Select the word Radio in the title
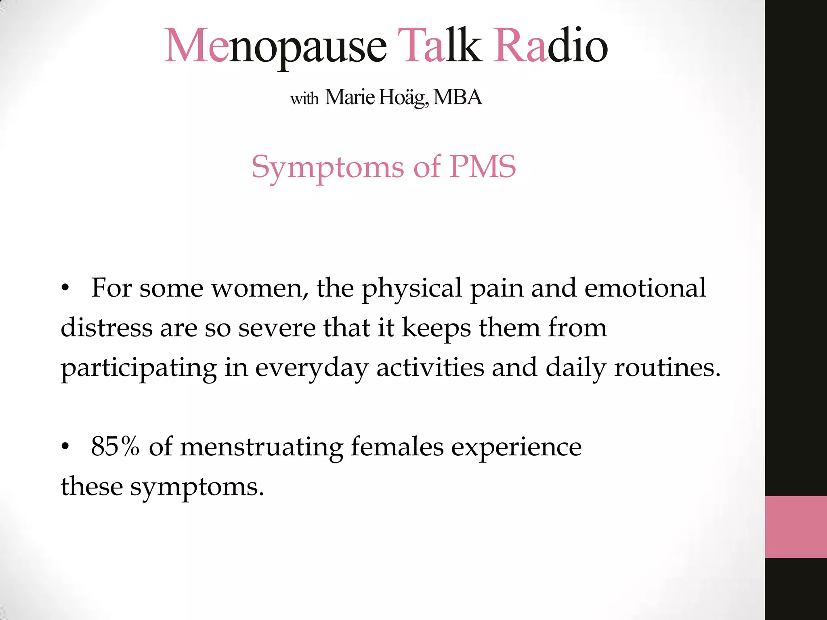point(550,45)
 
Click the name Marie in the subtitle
point(350,97)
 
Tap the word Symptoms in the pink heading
point(327,167)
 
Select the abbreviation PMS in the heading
point(483,166)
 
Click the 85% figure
point(115,446)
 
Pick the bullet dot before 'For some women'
point(65,289)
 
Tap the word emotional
point(645,288)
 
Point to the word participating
point(139,368)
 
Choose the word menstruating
point(261,447)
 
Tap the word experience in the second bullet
point(516,447)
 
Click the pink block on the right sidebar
point(796,527)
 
